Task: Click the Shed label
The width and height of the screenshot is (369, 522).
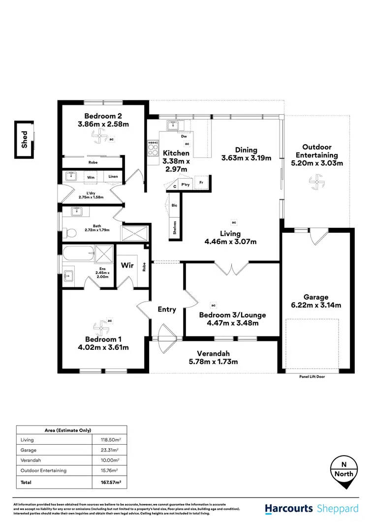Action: coord(24,139)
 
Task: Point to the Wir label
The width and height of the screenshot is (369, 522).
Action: coord(127,266)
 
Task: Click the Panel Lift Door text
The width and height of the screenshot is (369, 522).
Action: coord(312,376)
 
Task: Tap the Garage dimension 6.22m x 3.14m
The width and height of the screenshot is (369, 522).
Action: coord(315,305)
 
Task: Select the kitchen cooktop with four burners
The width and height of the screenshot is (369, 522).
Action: coord(153,148)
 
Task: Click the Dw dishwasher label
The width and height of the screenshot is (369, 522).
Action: coord(184,136)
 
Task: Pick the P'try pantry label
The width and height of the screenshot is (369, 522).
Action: coord(185,184)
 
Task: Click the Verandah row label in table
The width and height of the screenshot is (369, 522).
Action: coord(29,460)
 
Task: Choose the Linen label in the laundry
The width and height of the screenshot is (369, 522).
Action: coord(113,176)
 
